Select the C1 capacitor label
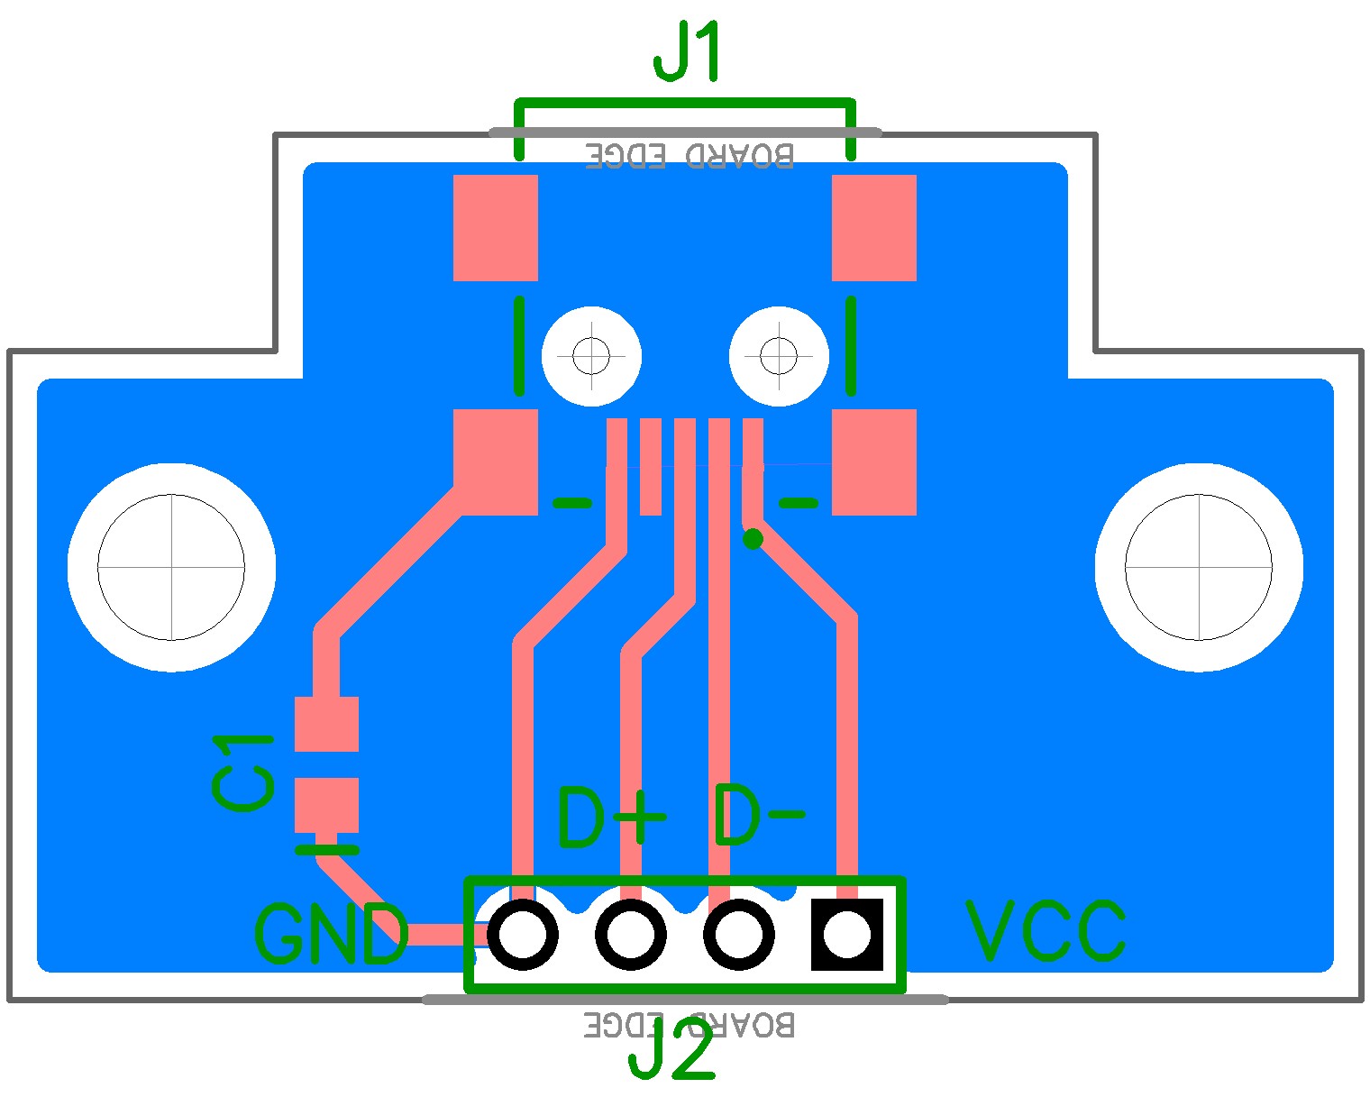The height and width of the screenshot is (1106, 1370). (242, 772)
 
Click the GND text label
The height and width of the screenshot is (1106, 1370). (331, 935)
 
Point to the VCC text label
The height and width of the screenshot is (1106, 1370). (1046, 930)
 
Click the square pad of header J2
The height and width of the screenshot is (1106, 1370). (846, 935)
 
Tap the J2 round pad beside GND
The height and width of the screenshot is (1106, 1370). (522, 935)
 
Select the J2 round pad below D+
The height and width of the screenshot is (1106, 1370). (630, 935)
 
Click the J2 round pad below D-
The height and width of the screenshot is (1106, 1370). (738, 935)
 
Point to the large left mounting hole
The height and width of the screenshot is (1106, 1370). (171, 567)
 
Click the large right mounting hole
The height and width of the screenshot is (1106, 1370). (1199, 567)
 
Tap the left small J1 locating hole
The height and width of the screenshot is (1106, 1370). (591, 356)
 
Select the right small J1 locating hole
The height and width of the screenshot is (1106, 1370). (779, 356)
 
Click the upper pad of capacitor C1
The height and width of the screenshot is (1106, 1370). (326, 724)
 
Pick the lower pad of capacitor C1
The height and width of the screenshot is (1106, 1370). (326, 805)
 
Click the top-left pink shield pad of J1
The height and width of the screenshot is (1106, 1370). (496, 228)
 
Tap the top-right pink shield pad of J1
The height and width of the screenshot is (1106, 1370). (874, 228)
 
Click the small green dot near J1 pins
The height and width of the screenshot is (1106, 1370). (753, 539)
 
